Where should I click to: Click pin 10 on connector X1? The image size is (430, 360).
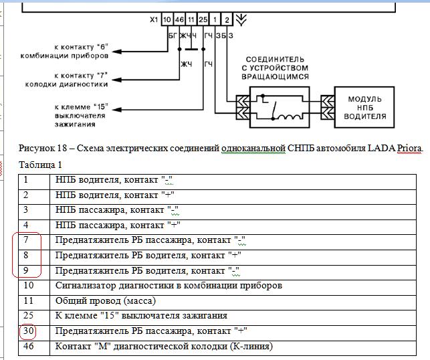167,19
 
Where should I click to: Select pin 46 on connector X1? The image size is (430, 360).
179,19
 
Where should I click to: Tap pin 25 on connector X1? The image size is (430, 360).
203,19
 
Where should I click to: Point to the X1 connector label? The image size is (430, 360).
154,20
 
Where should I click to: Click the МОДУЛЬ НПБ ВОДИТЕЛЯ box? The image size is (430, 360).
364,107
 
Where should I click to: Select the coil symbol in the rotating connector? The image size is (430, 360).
290,116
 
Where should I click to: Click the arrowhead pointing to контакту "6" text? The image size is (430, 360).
117,52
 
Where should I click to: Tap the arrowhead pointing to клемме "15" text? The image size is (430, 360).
117,110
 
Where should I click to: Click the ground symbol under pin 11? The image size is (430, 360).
191,50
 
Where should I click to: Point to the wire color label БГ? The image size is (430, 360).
173,35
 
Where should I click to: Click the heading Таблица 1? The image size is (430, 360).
40,165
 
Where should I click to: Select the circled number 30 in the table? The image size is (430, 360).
28,331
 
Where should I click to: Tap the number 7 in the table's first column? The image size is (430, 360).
26,240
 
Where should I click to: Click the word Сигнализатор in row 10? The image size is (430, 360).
86,286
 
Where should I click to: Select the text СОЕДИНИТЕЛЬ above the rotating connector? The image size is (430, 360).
275,60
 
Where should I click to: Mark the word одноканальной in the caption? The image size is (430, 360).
253,148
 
